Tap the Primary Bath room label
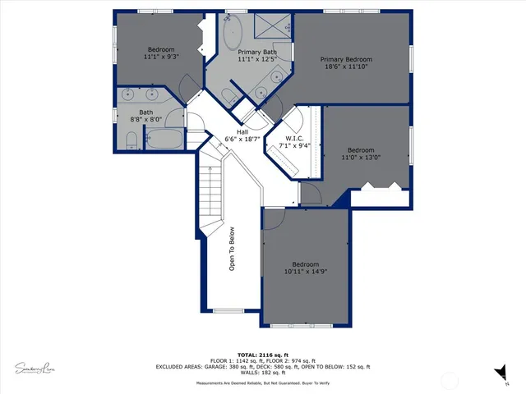256,52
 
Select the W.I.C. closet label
295,139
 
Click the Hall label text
242,132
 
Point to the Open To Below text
232,249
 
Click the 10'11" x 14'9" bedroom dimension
307,271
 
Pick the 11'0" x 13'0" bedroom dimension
360,157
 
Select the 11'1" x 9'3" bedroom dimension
161,57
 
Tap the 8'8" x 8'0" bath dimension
145,119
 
